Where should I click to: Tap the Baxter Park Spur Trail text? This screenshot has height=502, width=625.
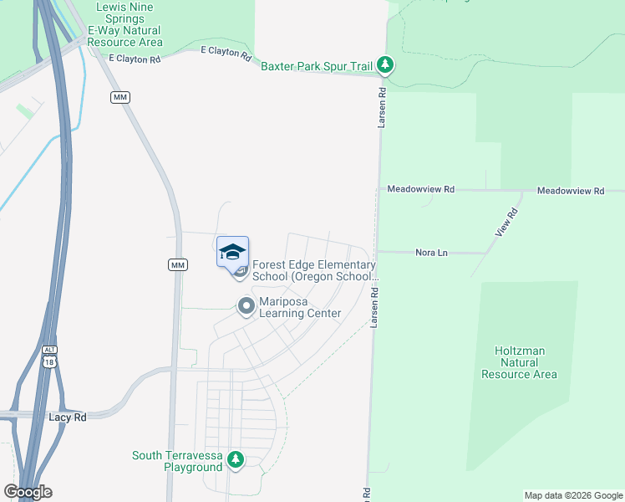point(317,65)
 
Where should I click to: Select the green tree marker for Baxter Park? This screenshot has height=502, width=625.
point(384,64)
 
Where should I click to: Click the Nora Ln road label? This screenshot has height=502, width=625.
point(431,252)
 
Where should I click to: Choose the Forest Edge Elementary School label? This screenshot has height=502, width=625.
point(314,269)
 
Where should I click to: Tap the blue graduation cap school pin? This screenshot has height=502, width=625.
point(233,252)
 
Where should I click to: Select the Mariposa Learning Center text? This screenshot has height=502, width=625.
point(300,307)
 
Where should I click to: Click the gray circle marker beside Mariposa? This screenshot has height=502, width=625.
point(246,306)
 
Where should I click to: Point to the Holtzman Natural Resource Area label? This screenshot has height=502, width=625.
point(519,362)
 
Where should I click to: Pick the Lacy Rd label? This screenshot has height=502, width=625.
point(68,417)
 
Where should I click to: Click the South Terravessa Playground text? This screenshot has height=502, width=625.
point(177,461)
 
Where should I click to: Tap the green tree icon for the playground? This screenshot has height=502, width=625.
point(236,459)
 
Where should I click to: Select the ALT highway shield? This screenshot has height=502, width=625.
point(50,350)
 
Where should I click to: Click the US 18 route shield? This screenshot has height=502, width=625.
point(51,361)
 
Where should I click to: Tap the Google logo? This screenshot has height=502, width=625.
point(28,492)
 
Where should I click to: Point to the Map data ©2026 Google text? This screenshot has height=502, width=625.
point(572,495)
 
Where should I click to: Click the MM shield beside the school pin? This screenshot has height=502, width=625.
point(177,265)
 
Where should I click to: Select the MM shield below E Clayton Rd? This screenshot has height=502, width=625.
point(120,98)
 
